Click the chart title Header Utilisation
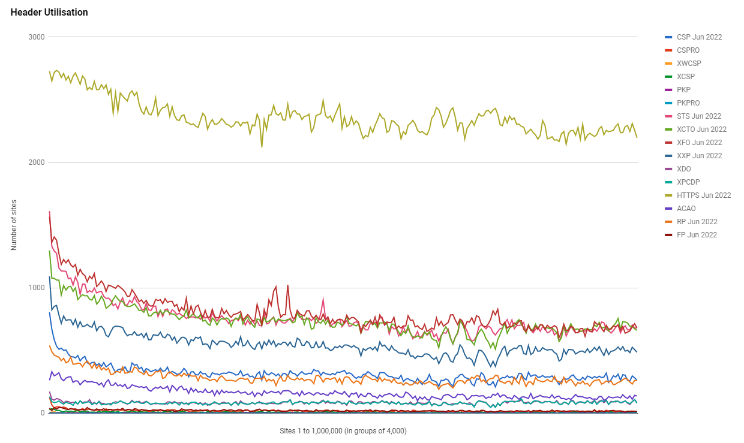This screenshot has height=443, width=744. pyautogui.click(x=49, y=12)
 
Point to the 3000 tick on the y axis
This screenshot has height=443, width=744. pyautogui.click(x=37, y=37)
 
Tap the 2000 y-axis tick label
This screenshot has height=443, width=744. pyautogui.click(x=37, y=162)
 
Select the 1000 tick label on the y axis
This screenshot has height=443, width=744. pyautogui.click(x=37, y=288)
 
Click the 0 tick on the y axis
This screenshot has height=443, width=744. pyautogui.click(x=43, y=413)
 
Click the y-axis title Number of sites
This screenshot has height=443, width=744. pyautogui.click(x=14, y=225)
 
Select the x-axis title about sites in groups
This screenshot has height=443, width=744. pyautogui.click(x=343, y=431)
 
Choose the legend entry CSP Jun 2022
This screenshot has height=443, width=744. pyautogui.click(x=699, y=37)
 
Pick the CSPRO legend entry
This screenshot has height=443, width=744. pyautogui.click(x=688, y=50)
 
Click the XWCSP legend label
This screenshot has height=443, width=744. pyautogui.click(x=689, y=64)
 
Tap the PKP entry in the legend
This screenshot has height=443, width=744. pyautogui.click(x=683, y=90)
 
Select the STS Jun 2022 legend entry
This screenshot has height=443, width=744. pyautogui.click(x=698, y=116)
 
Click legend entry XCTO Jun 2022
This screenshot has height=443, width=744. pyautogui.click(x=701, y=129)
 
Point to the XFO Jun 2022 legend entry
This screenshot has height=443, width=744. pyautogui.click(x=699, y=143)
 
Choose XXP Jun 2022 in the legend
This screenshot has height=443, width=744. pyautogui.click(x=699, y=156)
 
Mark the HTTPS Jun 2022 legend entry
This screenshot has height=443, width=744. pyautogui.click(x=704, y=195)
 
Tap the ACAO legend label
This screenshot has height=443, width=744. pyautogui.click(x=686, y=209)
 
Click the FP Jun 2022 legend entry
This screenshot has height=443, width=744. pyautogui.click(x=697, y=235)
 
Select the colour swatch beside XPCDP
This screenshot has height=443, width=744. pyautogui.click(x=668, y=182)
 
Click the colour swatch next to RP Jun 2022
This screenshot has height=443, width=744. pyautogui.click(x=668, y=222)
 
